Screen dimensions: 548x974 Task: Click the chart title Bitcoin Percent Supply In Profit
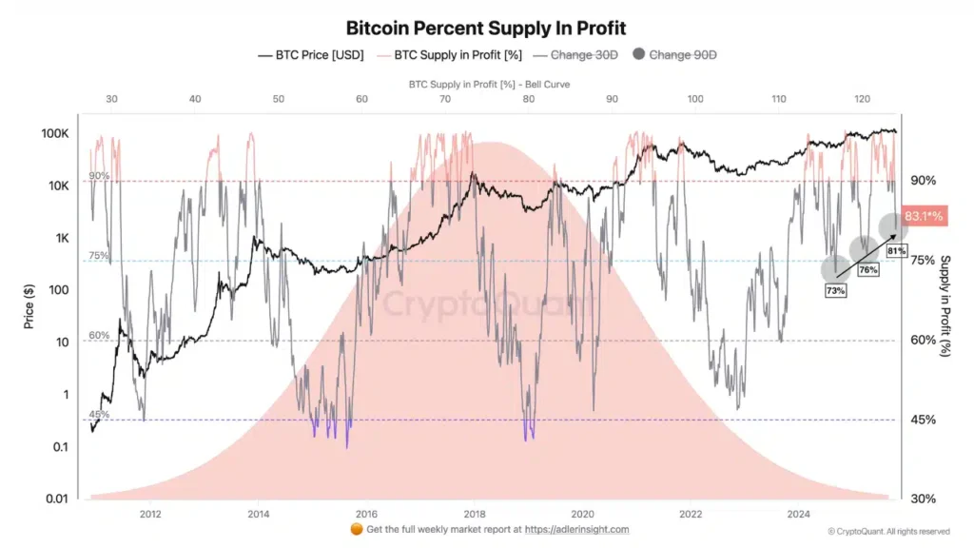pos(486,29)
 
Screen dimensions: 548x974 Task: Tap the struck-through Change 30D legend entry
pos(583,55)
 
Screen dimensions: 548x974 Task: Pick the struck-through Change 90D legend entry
pos(682,55)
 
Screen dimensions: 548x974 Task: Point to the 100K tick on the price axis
pos(56,132)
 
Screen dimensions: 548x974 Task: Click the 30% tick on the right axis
pos(922,499)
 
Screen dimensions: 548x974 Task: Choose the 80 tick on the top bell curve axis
pos(528,99)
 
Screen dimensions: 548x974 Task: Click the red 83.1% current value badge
pos(923,216)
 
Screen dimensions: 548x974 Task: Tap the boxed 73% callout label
pos(835,290)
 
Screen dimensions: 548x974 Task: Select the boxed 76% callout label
pos(867,270)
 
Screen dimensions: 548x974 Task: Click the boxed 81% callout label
pos(895,250)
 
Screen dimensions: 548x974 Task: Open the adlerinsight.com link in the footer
pos(578,529)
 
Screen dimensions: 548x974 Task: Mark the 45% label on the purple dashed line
pos(99,414)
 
